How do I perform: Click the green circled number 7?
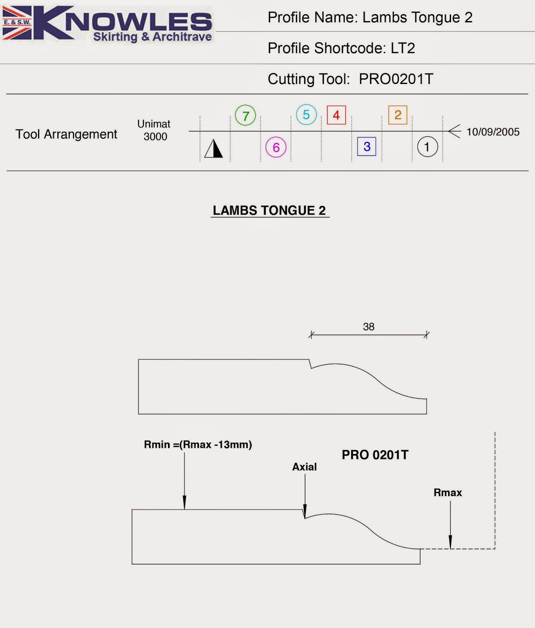(x=245, y=115)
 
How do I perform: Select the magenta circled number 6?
(x=276, y=147)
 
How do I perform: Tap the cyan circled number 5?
(x=306, y=115)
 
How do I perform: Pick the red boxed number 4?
(x=336, y=115)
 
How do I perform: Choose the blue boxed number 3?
(x=367, y=146)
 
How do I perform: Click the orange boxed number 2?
(x=398, y=115)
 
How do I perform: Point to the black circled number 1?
(x=427, y=147)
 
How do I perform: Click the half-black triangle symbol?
(x=214, y=149)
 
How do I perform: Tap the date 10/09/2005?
(x=493, y=132)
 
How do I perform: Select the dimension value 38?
(x=369, y=327)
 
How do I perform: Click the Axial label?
(x=304, y=467)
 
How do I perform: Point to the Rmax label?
(x=448, y=493)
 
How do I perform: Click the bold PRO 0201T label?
(x=375, y=455)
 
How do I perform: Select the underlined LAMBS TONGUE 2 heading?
(x=269, y=210)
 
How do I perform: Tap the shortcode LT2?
(x=403, y=48)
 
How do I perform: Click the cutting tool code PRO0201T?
(x=396, y=79)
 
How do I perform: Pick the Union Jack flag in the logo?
(x=17, y=23)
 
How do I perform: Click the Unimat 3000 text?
(x=154, y=130)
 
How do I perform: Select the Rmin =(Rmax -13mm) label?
(x=198, y=445)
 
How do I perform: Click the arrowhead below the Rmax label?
(x=450, y=542)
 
